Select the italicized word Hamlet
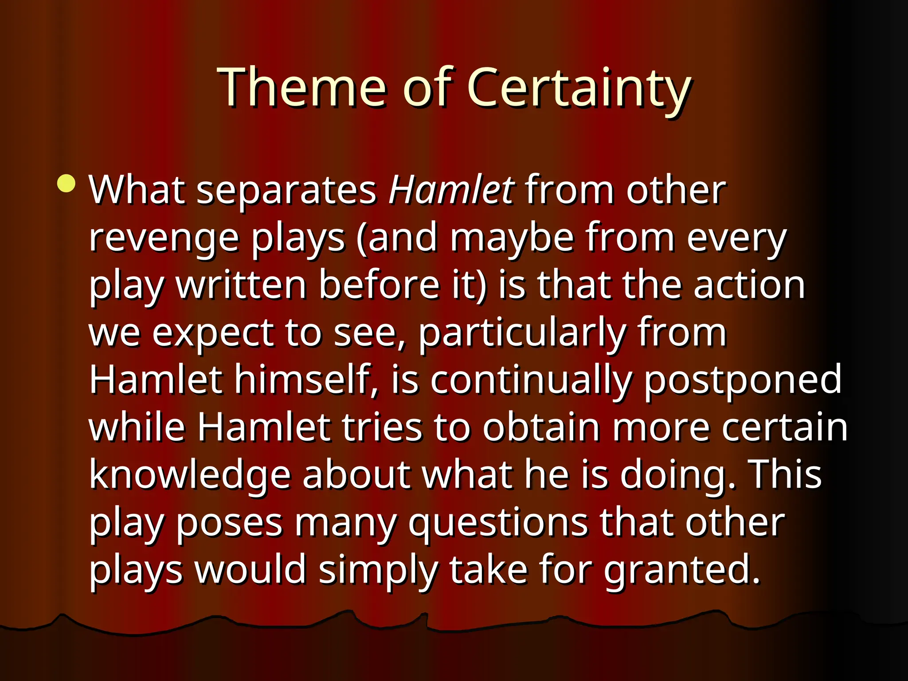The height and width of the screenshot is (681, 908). tap(451, 190)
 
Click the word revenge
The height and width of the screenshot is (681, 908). tap(164, 238)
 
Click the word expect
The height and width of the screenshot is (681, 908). tap(213, 333)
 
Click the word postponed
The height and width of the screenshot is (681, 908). tap(743, 380)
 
